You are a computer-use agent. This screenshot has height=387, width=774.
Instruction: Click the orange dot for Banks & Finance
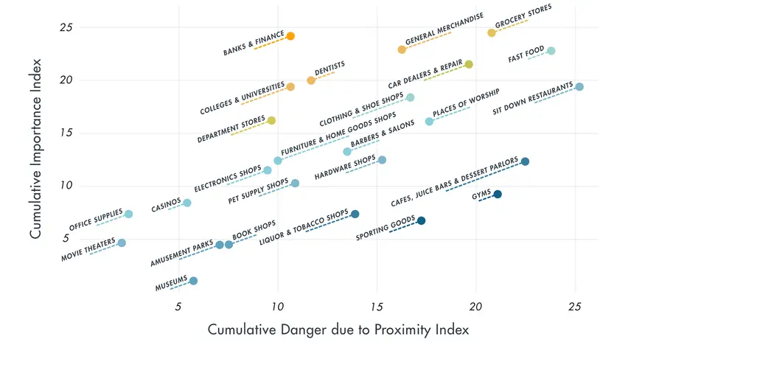(x=290, y=36)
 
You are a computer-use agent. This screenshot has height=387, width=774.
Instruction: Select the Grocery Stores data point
(x=492, y=33)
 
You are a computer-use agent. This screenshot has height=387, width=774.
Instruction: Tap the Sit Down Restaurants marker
(x=579, y=87)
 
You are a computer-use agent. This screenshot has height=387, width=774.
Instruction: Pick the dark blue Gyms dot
(x=498, y=195)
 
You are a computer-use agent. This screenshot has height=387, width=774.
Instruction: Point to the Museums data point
(x=193, y=281)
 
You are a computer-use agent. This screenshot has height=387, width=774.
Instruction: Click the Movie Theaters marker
(x=122, y=243)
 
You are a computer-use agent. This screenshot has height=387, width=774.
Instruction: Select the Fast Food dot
(x=551, y=51)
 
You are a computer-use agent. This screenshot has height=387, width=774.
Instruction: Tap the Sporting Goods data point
(x=421, y=221)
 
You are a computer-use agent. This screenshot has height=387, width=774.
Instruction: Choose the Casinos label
(x=166, y=206)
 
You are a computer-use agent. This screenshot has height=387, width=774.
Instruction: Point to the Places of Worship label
(x=466, y=103)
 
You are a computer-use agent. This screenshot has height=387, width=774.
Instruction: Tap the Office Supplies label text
(x=96, y=220)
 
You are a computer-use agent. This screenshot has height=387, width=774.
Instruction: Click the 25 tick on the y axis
(x=67, y=27)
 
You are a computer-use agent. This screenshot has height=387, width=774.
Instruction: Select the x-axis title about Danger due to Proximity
(x=338, y=330)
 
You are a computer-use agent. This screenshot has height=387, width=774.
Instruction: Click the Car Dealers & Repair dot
(x=469, y=65)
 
